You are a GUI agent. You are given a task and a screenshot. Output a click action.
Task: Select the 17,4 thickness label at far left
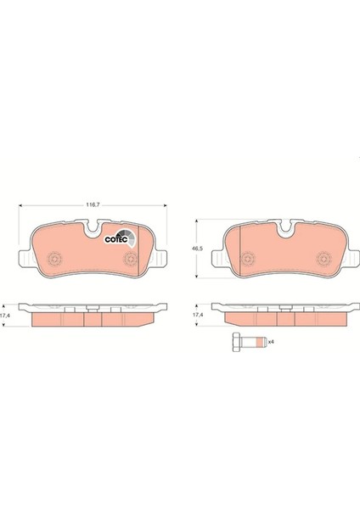pyautogui.click(x=6, y=315)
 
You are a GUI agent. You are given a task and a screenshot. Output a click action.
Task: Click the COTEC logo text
pyautogui.click(x=113, y=238)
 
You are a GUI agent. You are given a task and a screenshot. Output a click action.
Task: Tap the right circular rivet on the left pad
pyautogui.click(x=132, y=259)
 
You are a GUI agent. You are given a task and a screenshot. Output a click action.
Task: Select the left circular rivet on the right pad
pyautogui.click(x=247, y=259)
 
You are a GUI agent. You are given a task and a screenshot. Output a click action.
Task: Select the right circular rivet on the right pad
pyautogui.click(x=324, y=259)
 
